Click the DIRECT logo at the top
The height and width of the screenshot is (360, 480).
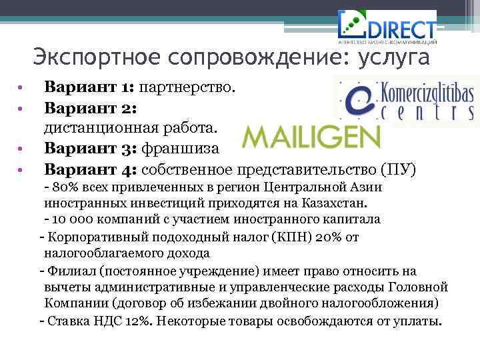point(387,26)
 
